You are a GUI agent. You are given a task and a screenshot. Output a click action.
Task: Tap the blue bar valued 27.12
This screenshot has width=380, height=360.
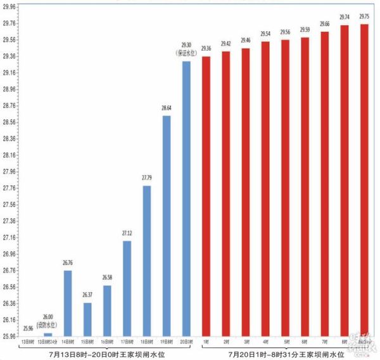click(x=127, y=288)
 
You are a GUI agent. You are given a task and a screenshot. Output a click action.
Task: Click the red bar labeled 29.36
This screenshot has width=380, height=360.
click(x=206, y=196)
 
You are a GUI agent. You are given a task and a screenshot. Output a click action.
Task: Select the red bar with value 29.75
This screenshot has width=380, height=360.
click(x=364, y=180)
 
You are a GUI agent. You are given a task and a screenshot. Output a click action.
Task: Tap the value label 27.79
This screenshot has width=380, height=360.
click(x=146, y=179)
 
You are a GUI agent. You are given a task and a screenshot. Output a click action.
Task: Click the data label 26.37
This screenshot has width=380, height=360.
click(x=87, y=295)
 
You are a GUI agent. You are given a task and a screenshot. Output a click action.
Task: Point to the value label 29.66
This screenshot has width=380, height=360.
click(x=324, y=24)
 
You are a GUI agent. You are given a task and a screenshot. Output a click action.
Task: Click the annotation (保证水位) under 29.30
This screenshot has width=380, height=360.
click(x=186, y=53)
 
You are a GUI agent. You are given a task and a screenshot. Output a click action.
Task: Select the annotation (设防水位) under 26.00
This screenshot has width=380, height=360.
click(x=47, y=324)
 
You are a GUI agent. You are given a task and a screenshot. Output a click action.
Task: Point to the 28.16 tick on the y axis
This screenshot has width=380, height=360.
click(x=11, y=155)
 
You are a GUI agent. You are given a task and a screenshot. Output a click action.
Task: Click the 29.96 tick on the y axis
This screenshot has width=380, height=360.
click(x=11, y=7)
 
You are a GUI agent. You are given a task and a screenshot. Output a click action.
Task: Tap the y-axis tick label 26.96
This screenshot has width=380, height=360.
click(x=11, y=254)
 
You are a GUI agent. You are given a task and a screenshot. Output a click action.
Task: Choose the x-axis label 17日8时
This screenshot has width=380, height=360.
click(x=127, y=342)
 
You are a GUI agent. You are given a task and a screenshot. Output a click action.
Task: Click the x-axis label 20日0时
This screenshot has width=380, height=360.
click(x=186, y=342)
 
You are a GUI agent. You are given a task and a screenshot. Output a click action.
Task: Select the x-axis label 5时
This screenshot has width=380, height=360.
click(x=285, y=342)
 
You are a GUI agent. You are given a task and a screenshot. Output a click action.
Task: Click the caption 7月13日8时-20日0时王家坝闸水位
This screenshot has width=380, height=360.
click(x=107, y=354)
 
